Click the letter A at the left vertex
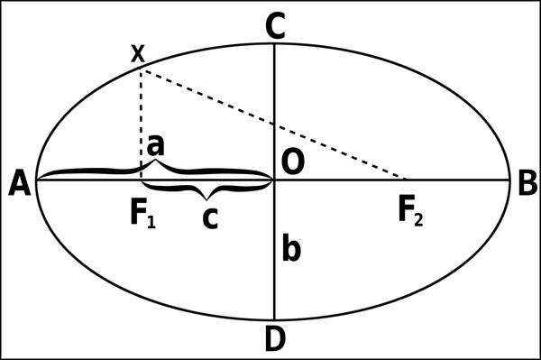[x=20, y=184]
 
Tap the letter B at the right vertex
[x=527, y=183]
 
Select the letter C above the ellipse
[x=275, y=27]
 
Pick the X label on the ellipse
[x=138, y=53]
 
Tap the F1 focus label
[x=143, y=214]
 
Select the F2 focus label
[x=410, y=213]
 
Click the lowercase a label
[x=156, y=145]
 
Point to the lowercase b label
[x=291, y=247]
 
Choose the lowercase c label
[x=210, y=218]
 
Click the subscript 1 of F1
[x=151, y=220]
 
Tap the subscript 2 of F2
[x=418, y=219]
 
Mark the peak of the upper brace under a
[x=156, y=160]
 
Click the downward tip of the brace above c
[x=206, y=199]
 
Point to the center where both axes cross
[x=275, y=180]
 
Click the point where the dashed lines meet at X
[x=140, y=69]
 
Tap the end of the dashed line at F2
[x=408, y=180]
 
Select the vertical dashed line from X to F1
[x=141, y=125]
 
